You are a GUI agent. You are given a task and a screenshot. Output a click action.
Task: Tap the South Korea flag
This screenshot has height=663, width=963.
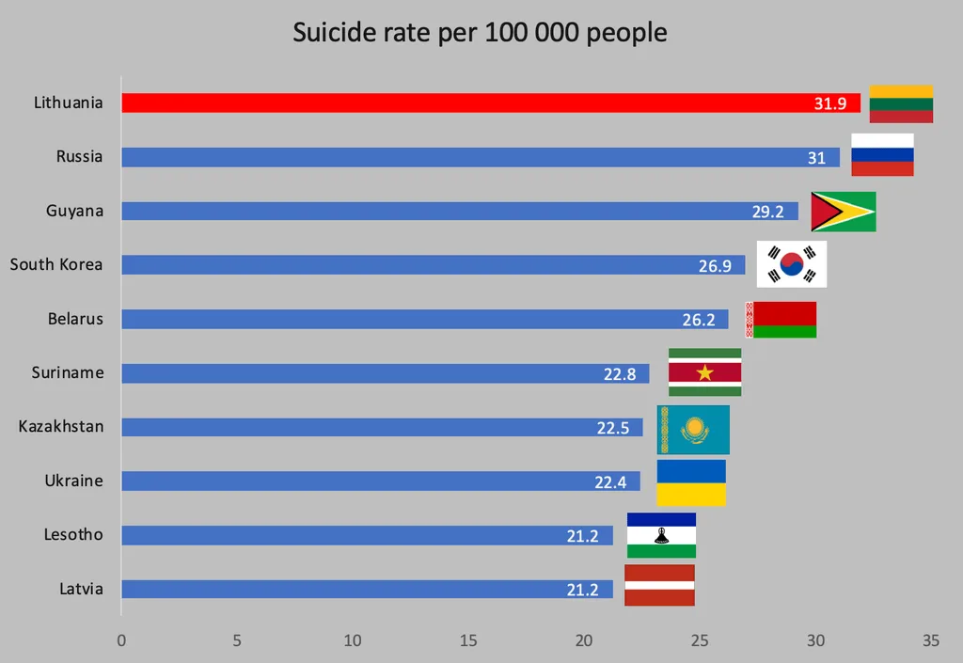coord(792,264)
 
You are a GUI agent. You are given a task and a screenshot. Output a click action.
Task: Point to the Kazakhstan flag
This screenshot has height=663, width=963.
coord(693,430)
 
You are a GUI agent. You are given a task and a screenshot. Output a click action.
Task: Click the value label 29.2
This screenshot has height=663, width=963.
coord(767,212)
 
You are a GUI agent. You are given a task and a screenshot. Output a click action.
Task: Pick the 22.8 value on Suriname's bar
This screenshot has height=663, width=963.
coord(620,374)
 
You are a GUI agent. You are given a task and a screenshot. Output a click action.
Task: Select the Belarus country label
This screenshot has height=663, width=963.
coord(75,319)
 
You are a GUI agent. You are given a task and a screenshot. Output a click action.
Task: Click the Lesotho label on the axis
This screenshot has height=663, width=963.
coord(73,535)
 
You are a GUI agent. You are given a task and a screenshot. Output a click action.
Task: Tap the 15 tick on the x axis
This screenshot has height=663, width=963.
coord(468,640)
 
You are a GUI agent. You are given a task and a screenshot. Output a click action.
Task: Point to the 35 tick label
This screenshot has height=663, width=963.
coord(930,640)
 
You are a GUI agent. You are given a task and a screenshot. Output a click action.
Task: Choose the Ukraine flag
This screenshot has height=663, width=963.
coord(691,482)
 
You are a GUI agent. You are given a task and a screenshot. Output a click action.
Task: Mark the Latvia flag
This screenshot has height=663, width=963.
coord(659,585)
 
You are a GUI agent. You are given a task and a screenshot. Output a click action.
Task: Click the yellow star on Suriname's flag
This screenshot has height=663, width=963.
coord(704,373)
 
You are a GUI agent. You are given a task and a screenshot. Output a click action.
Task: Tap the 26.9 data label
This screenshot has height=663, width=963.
coord(715,266)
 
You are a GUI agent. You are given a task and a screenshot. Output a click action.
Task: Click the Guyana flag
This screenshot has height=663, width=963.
coord(843,212)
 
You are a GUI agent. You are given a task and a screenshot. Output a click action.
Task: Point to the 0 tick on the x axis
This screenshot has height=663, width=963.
coord(121,640)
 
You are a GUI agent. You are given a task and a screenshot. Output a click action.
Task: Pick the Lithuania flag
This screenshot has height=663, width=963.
coord(901,103)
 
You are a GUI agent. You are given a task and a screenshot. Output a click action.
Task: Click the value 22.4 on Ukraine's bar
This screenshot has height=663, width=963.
coord(610,482)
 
